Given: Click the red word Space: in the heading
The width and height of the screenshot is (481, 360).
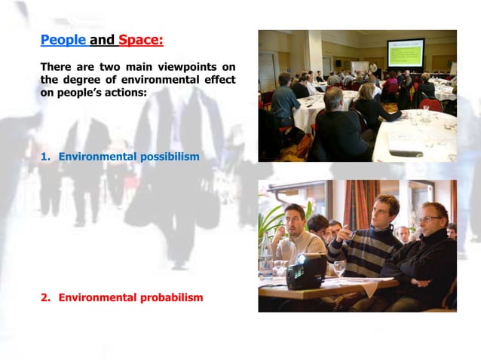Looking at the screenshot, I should [141, 39].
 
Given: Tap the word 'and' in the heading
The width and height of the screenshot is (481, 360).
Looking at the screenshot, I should [102, 39].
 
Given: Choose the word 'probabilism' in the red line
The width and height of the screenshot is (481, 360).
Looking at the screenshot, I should [172, 297].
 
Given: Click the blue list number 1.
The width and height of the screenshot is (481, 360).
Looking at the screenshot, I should [44, 157].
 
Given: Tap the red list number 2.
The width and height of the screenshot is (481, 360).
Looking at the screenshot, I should [44, 297].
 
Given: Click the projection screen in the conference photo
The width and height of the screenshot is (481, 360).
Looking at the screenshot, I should [405, 53].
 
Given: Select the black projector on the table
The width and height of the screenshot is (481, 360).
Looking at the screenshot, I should [306, 270].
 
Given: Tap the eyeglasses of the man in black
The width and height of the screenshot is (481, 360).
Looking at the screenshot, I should [430, 218].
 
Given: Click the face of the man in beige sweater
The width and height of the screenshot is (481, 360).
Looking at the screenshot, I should [296, 218].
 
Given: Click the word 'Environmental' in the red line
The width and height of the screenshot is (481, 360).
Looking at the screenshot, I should [97, 297].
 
